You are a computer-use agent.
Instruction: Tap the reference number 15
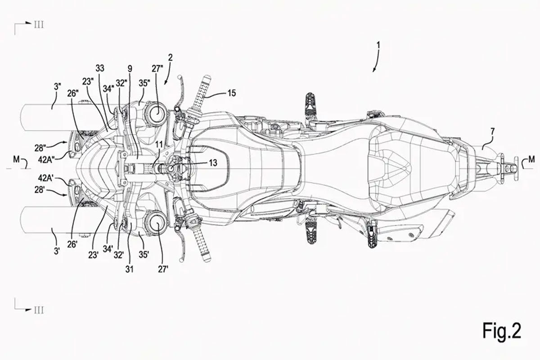pyautogui.click(x=231, y=93)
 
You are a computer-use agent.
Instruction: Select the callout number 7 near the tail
pyautogui.click(x=492, y=132)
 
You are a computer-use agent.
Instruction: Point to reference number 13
pyautogui.click(x=213, y=163)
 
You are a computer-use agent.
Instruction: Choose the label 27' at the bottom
pyautogui.click(x=163, y=269)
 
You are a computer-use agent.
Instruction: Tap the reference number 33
pyautogui.click(x=100, y=68)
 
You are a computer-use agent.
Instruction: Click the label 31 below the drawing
pyautogui.click(x=129, y=269)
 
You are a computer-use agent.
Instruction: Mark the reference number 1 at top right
pyautogui.click(x=378, y=45)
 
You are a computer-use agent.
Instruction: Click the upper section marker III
pyautogui.click(x=39, y=25)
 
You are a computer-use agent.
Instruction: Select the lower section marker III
pyautogui.click(x=39, y=310)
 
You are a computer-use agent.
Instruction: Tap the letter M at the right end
pyautogui.click(x=531, y=159)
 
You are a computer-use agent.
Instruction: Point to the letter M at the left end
pyautogui.click(x=16, y=160)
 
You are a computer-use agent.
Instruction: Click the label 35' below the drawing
pyautogui.click(x=144, y=255)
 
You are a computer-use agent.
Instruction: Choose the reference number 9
pyautogui.click(x=130, y=69)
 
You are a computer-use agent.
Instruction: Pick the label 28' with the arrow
pyautogui.click(x=39, y=190)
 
